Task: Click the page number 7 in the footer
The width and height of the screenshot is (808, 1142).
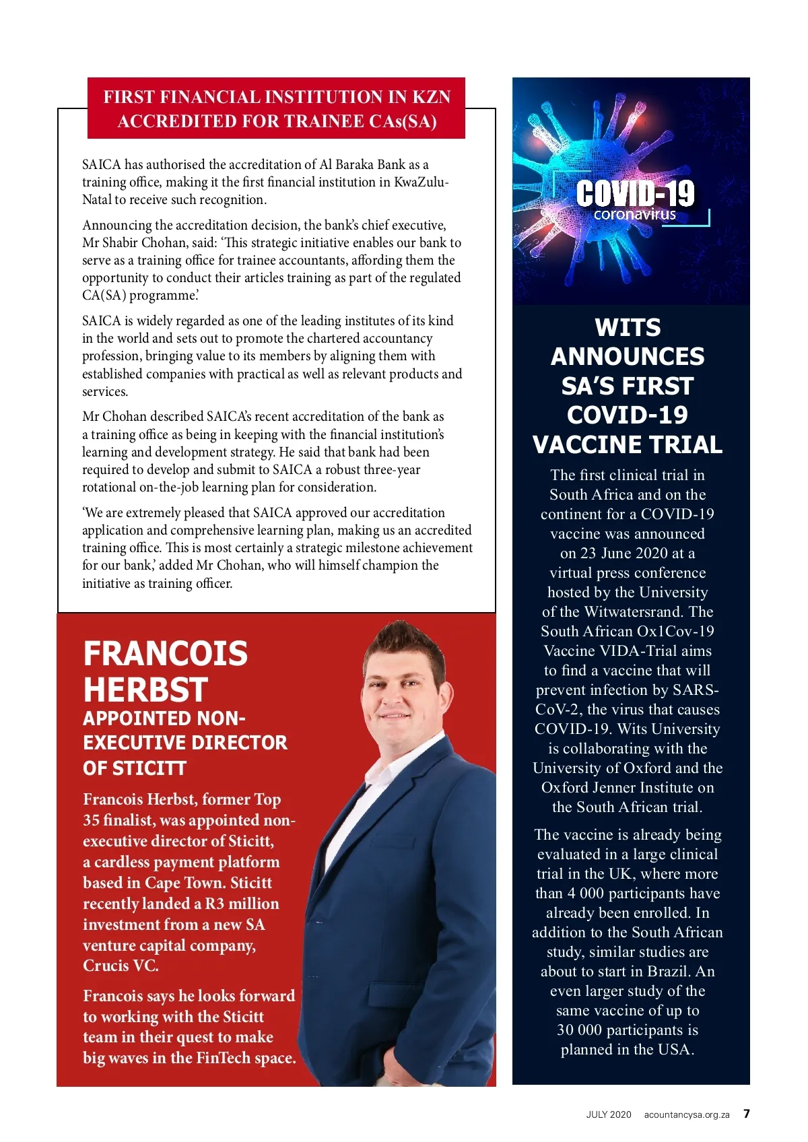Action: [x=746, y=1114]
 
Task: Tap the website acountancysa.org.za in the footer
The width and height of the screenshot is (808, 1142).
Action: [x=686, y=1114]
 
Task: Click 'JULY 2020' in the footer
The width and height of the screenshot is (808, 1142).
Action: [x=608, y=1114]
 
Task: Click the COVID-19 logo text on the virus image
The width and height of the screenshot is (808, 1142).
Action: [x=635, y=193]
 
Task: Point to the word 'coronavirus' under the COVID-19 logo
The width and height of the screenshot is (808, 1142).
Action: [x=634, y=215]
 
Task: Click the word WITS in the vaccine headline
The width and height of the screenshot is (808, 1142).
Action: [x=628, y=328]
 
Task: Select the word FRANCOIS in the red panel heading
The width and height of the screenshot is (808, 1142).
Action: [x=166, y=653]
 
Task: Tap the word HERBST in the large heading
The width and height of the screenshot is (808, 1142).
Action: [x=145, y=690]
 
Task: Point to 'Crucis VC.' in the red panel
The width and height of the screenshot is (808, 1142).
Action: [x=121, y=966]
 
